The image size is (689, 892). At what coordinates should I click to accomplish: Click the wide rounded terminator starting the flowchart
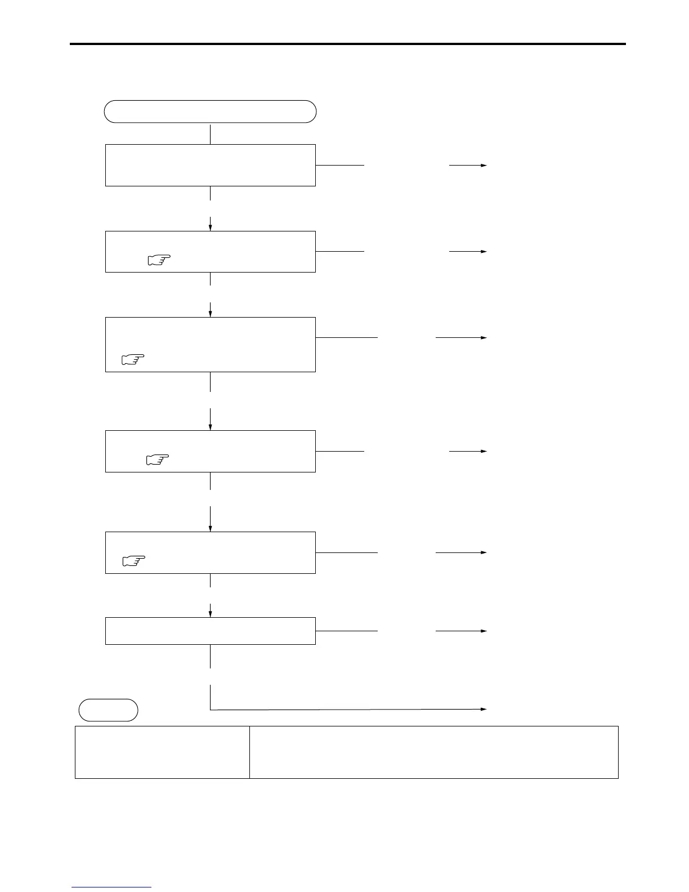click(x=210, y=111)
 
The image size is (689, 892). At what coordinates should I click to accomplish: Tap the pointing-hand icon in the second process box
click(x=159, y=260)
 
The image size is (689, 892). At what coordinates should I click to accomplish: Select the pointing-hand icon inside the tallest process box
click(x=133, y=359)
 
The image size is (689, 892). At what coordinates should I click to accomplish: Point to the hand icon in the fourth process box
click(x=158, y=460)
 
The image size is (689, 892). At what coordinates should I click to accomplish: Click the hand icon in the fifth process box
click(x=133, y=560)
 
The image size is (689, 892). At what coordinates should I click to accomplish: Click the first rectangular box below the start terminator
click(x=210, y=165)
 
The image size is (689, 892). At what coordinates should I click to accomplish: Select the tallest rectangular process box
click(x=210, y=344)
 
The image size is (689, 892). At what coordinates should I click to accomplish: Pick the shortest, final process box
click(x=210, y=631)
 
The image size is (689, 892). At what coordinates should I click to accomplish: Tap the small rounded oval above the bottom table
click(x=108, y=710)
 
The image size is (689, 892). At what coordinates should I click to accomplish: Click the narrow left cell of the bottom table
click(x=162, y=752)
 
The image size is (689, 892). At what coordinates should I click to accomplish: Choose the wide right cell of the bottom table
click(x=433, y=752)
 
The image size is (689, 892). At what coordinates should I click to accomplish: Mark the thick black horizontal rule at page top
click(x=347, y=44)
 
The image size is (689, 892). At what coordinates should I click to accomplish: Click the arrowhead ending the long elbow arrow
click(x=484, y=709)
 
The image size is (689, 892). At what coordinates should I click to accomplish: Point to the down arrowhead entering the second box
click(x=211, y=228)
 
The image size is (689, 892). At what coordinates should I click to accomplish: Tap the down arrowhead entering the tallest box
click(x=211, y=314)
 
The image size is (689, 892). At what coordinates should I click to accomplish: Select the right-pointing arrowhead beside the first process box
click(x=484, y=165)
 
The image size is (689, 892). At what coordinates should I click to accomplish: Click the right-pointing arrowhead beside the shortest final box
click(x=484, y=631)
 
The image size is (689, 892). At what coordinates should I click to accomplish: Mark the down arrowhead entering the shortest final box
click(x=211, y=614)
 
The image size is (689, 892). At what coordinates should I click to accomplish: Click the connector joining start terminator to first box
click(x=210, y=134)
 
